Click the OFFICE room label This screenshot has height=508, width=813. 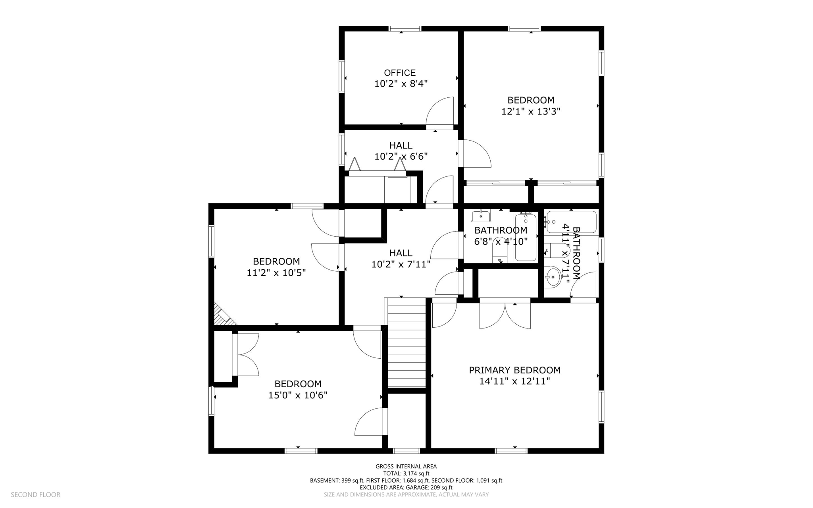pyautogui.click(x=400, y=73)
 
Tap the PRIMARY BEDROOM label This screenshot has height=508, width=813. pyautogui.click(x=515, y=370)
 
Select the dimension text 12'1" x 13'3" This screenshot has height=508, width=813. pyautogui.click(x=531, y=112)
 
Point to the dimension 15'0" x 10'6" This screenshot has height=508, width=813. pyautogui.click(x=298, y=395)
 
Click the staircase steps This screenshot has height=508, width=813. pyautogui.click(x=406, y=342)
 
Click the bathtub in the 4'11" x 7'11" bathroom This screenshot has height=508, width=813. pyautogui.click(x=572, y=222)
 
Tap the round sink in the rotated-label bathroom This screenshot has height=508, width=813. pyautogui.click(x=552, y=276)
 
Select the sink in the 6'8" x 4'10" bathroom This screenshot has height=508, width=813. pyautogui.click(x=481, y=216)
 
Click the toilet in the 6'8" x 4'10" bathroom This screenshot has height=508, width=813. pyautogui.click(x=500, y=251)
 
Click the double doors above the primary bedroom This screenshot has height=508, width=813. pyautogui.click(x=505, y=316)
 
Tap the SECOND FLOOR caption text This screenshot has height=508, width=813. pyautogui.click(x=36, y=495)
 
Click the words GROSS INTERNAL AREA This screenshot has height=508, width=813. pyautogui.click(x=406, y=467)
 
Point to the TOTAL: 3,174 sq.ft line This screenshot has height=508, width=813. pyautogui.click(x=406, y=473)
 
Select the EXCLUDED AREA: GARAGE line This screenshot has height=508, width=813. pyautogui.click(x=406, y=487)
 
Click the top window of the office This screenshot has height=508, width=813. pyautogui.click(x=405, y=29)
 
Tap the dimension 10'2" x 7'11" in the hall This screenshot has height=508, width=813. pyautogui.click(x=401, y=264)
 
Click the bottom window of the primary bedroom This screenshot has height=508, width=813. pyautogui.click(x=511, y=451)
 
